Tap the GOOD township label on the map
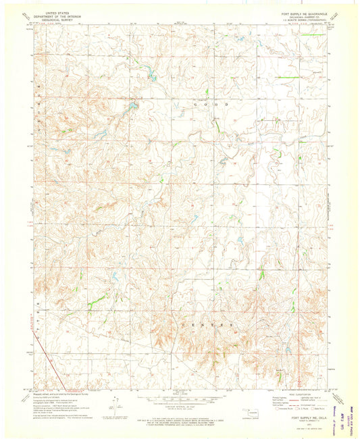click(211, 106)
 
